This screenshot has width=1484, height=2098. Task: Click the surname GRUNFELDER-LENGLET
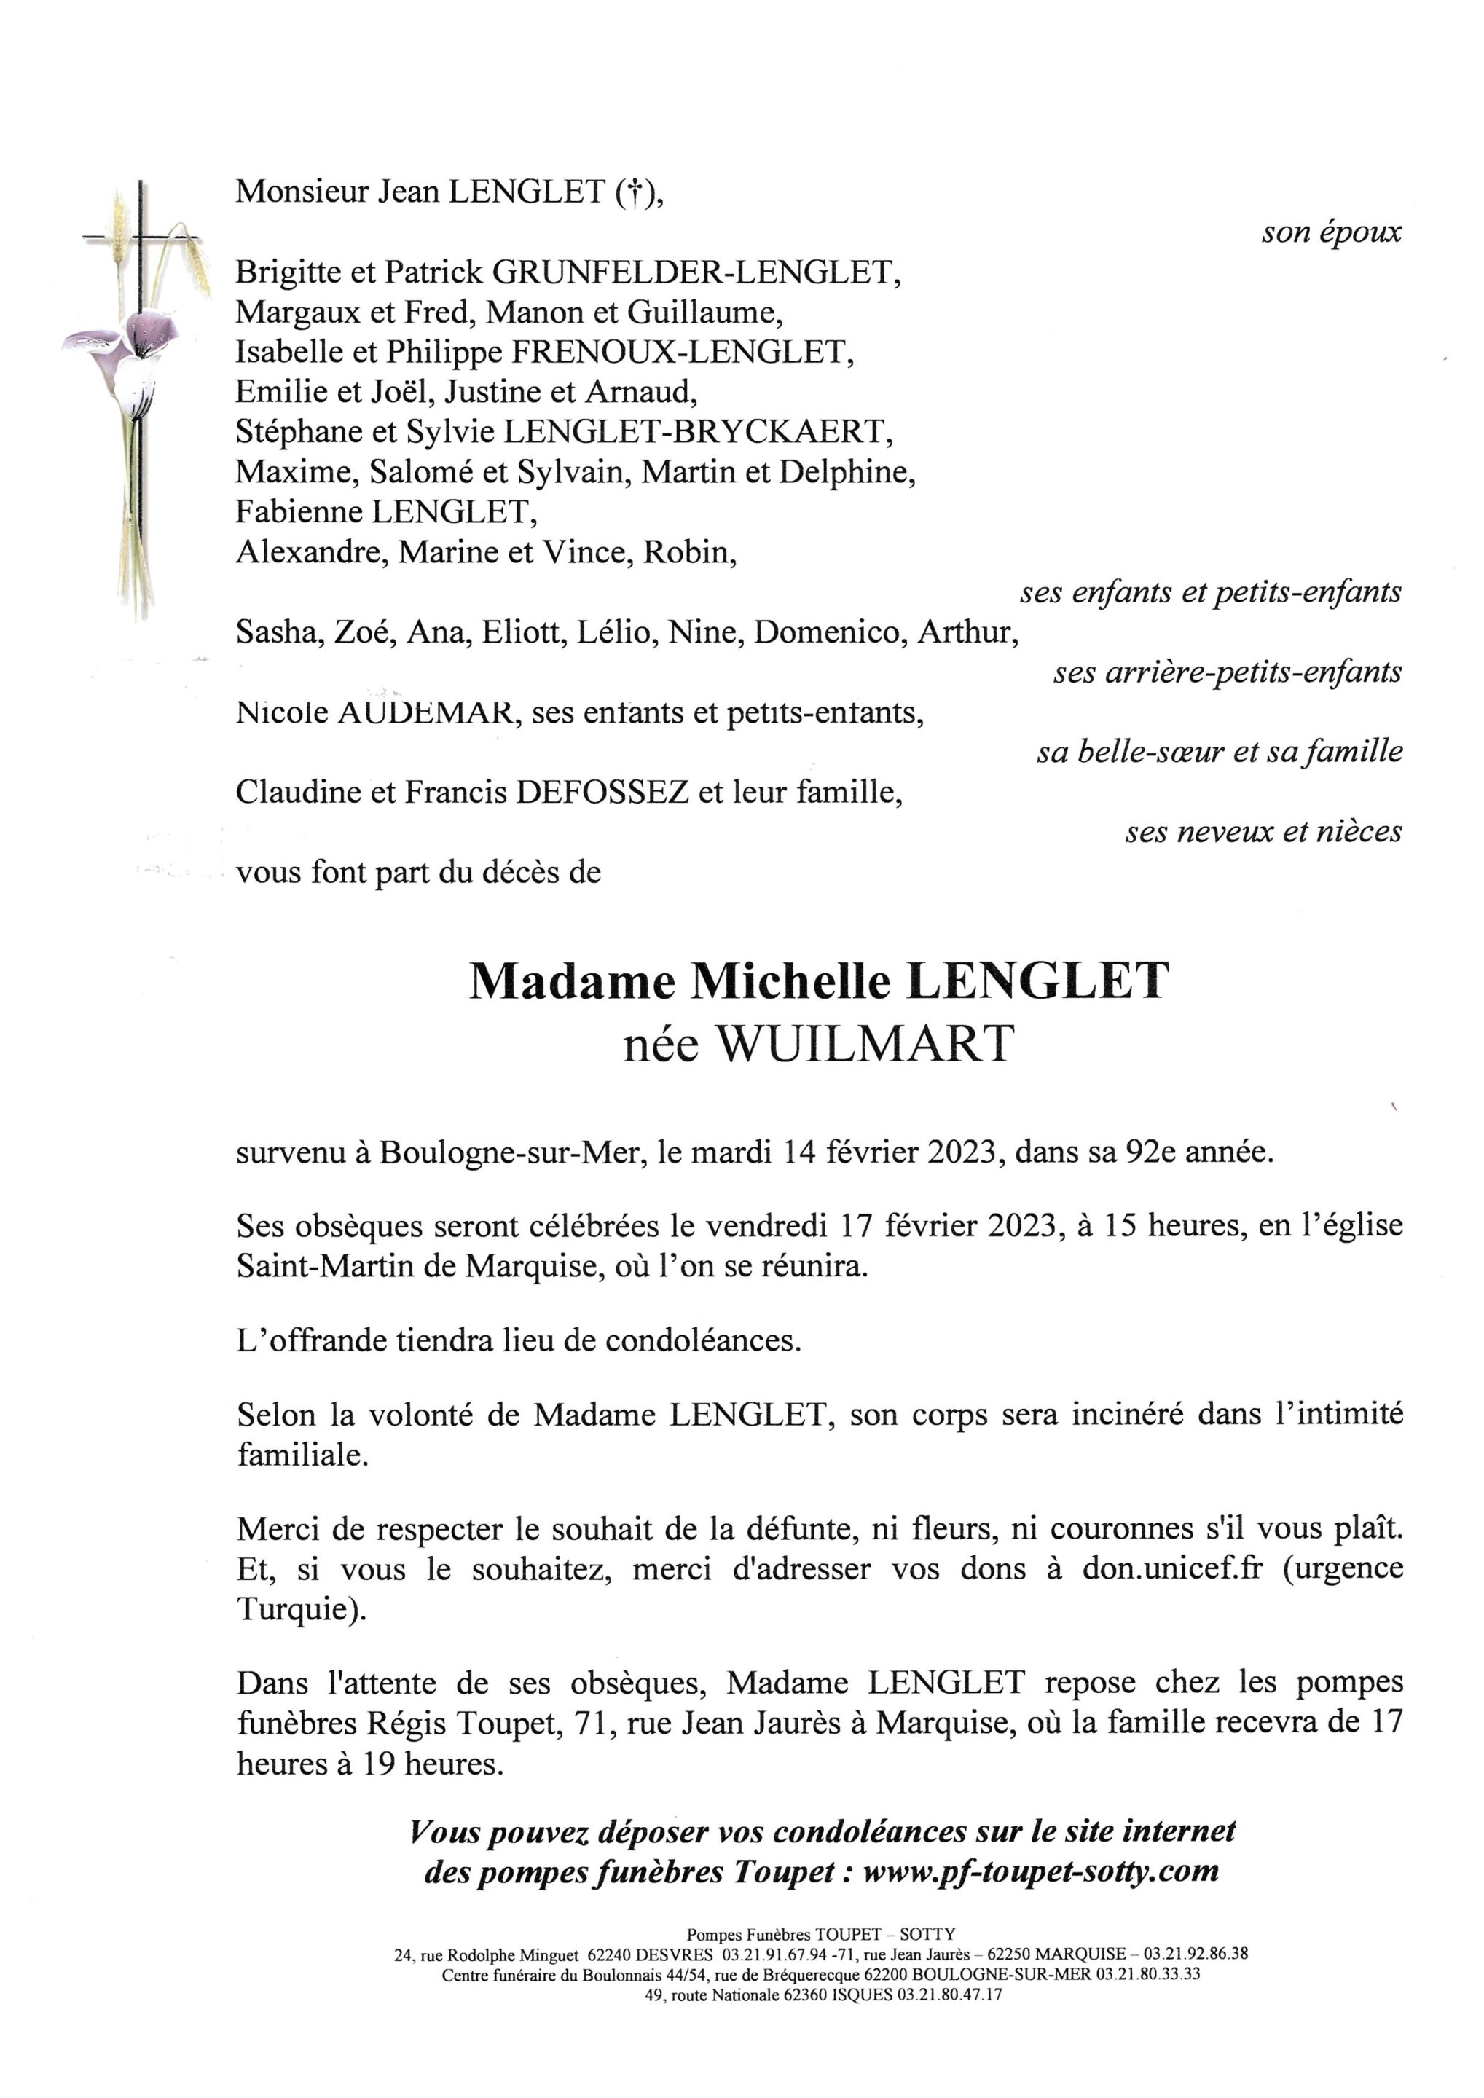point(694,272)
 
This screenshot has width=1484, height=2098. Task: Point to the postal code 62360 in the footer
point(804,1996)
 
